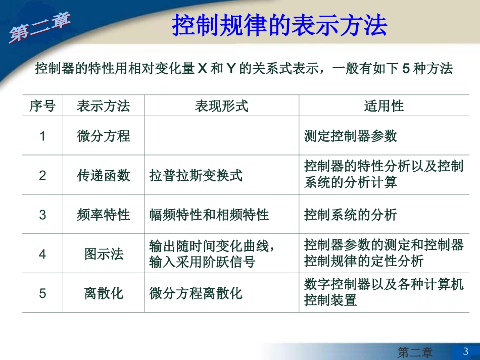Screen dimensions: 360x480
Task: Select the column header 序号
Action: pyautogui.click(x=42, y=106)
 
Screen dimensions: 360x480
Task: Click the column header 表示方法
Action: pyautogui.click(x=103, y=106)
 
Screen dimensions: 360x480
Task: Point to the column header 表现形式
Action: pyautogui.click(x=221, y=106)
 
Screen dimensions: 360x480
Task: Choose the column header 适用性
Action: pyautogui.click(x=383, y=106)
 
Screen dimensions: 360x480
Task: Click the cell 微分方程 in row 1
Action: pyautogui.click(x=103, y=136)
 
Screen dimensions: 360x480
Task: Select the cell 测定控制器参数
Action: pyautogui.click(x=350, y=136)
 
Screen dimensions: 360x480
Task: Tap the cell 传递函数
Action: pyautogui.click(x=103, y=175)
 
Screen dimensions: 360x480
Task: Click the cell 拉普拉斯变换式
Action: pyautogui.click(x=196, y=176)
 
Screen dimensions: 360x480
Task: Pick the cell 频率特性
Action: pyautogui.click(x=103, y=215)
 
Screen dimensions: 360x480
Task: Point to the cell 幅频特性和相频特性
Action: pyautogui.click(x=209, y=215)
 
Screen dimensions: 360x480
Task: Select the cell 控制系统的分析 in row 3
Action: pyautogui.click(x=350, y=215)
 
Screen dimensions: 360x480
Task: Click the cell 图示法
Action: pyautogui.click(x=103, y=254)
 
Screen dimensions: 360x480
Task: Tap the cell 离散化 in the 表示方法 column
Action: pyautogui.click(x=103, y=293)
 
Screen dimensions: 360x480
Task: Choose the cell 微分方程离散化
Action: pyautogui.click(x=196, y=293)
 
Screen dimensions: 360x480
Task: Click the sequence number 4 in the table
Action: pyautogui.click(x=42, y=254)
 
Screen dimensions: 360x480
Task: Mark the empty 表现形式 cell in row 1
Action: pyautogui.click(x=221, y=136)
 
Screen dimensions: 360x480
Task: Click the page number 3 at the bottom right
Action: pyautogui.click(x=465, y=351)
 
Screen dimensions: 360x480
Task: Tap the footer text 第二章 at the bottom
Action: pyautogui.click(x=415, y=352)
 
